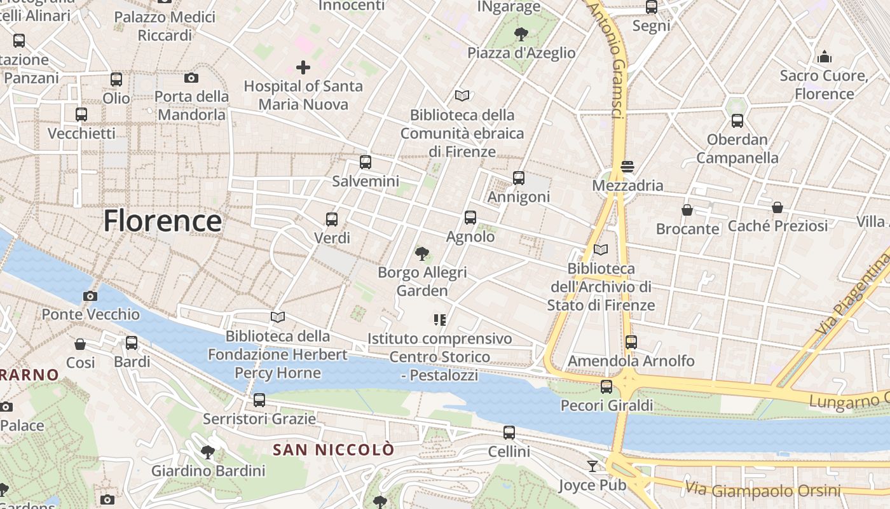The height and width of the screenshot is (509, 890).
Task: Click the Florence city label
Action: click(162, 221)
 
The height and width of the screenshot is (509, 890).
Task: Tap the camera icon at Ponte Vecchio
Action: click(90, 296)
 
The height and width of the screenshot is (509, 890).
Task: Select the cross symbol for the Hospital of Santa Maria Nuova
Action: click(303, 67)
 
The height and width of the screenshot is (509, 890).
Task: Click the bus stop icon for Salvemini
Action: click(366, 162)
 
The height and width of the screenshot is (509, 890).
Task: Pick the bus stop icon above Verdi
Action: click(332, 220)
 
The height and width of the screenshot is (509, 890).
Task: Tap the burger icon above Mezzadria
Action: click(627, 167)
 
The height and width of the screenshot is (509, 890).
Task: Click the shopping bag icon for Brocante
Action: click(687, 209)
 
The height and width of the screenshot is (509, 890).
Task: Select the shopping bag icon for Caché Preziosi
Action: click(777, 207)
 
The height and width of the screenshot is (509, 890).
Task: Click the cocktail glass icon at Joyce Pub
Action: click(592, 466)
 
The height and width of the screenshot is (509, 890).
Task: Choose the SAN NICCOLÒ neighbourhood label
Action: click(333, 450)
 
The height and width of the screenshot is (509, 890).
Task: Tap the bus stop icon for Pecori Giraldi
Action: click(606, 386)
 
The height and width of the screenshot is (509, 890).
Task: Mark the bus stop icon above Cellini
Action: click(509, 433)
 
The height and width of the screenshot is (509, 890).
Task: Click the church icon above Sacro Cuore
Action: click(825, 57)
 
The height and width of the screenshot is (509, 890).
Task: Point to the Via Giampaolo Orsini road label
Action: click(763, 490)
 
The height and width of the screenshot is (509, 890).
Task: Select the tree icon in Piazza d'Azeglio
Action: click(521, 34)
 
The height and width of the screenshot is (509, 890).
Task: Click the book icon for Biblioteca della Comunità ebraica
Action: click(462, 96)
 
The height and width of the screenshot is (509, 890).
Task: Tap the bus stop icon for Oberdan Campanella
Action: click(737, 120)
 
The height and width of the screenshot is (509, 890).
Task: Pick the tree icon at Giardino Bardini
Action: click(207, 452)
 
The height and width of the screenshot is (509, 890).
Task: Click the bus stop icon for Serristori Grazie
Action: click(259, 400)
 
